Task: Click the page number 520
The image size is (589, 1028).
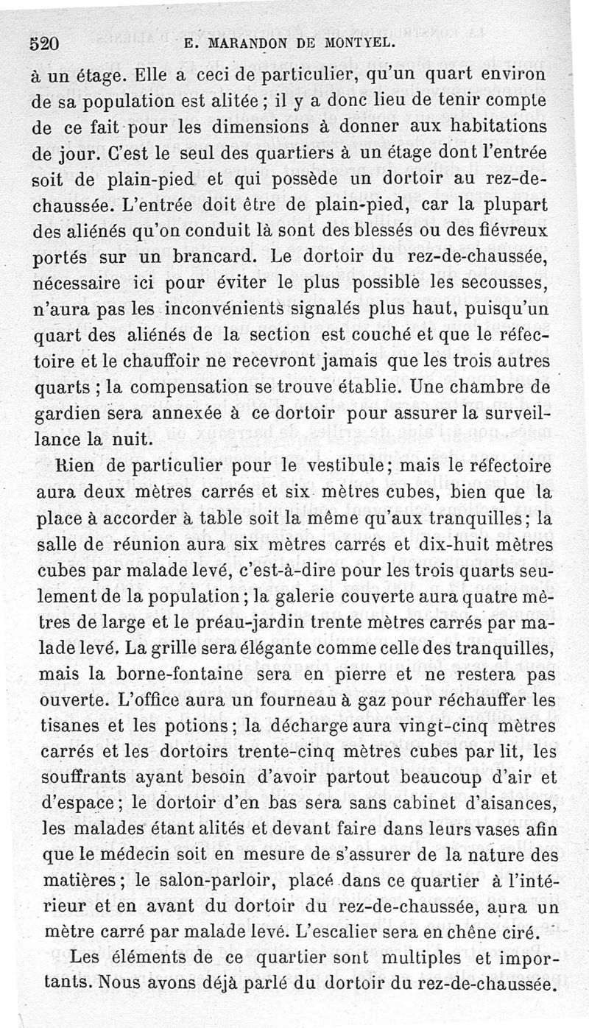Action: [45, 43]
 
